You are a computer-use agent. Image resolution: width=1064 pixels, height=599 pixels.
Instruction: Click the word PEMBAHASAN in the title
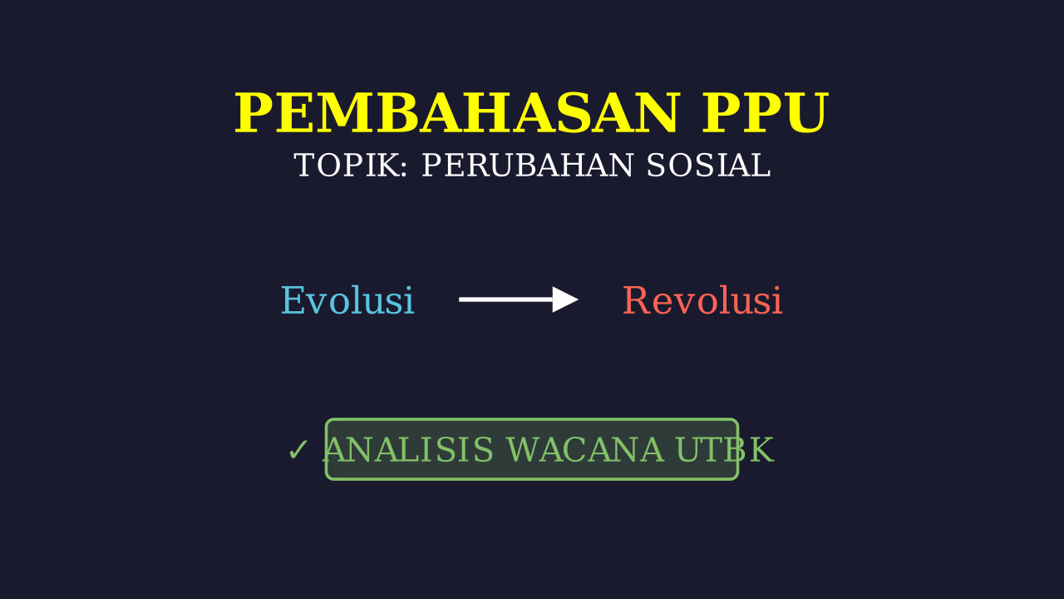pos(456,113)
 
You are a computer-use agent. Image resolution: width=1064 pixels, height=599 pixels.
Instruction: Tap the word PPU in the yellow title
pos(766,113)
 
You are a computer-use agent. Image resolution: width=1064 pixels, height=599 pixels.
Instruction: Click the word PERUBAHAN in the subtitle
pos(528,166)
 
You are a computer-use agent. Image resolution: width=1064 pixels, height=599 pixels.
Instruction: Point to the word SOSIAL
pos(708,166)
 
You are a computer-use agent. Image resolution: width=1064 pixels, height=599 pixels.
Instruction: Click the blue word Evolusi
pos(347,300)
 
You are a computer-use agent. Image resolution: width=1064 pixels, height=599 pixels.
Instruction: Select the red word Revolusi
pos(702,300)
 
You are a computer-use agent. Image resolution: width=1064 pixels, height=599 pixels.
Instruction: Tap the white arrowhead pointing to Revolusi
pos(565,299)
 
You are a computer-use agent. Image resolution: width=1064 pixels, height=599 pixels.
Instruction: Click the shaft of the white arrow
pos(506,299)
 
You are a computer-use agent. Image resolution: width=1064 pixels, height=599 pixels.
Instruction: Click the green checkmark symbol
pos(298,450)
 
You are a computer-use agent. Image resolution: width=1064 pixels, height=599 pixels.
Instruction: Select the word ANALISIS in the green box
pos(408,450)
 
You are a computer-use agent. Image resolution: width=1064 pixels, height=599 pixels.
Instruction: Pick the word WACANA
pos(585,450)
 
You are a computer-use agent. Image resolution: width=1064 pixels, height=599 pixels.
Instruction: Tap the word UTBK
pos(725,450)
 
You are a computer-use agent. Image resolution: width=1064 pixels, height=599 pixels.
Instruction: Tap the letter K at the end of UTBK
pos(761,450)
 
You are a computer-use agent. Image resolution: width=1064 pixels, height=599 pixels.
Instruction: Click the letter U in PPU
pos(807,114)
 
